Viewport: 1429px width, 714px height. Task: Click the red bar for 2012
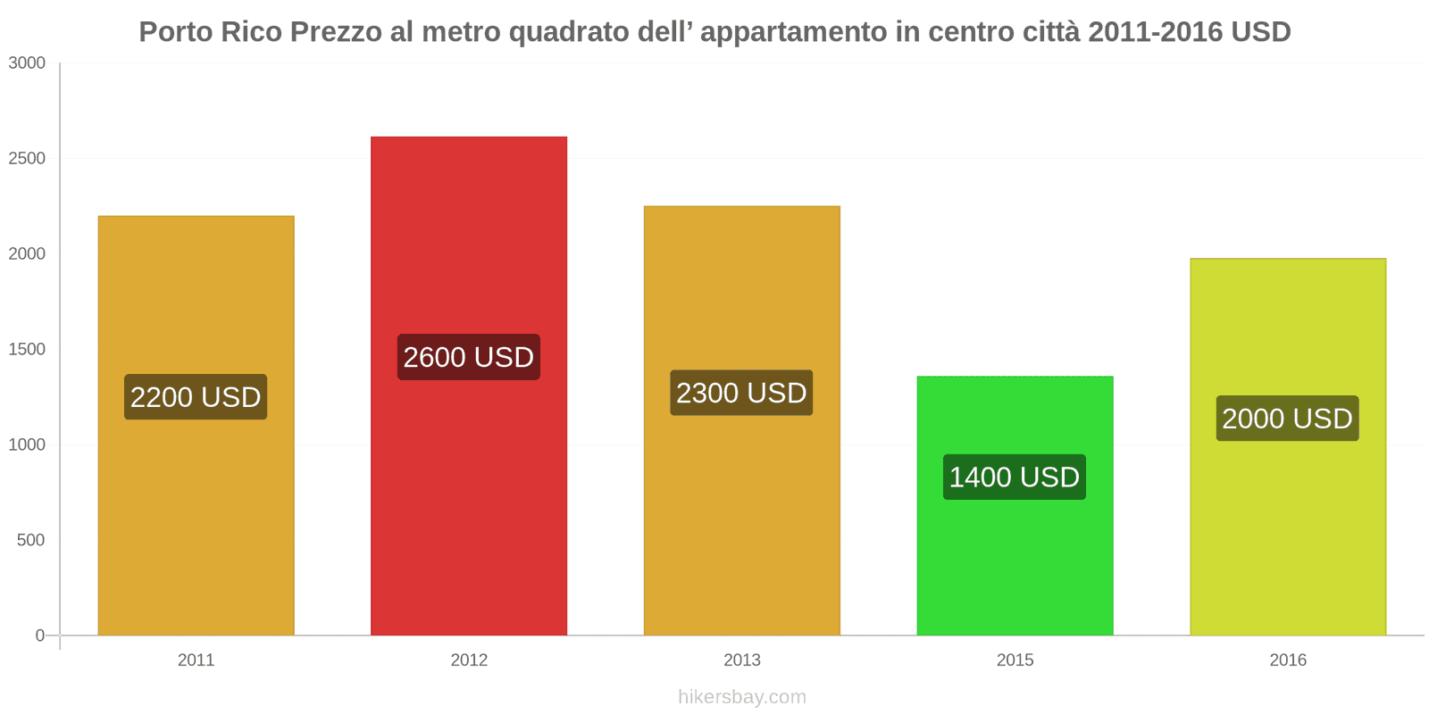[469, 500]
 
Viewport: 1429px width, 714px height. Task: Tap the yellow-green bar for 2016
[1287, 535]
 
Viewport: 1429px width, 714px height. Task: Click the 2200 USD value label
[196, 397]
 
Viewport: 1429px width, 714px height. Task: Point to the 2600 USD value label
[469, 357]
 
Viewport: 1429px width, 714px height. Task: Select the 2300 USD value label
[741, 393]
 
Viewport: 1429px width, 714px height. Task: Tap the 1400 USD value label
[1015, 477]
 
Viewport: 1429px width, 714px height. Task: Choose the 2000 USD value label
[1287, 419]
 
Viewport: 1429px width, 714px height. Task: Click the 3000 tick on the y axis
[27, 63]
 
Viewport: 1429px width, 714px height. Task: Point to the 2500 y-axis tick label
[27, 159]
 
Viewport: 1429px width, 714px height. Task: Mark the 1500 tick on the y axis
[27, 350]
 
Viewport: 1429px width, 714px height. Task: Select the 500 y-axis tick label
[30, 541]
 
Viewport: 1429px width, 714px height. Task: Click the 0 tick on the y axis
[39, 635]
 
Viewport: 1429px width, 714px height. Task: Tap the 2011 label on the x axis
[196, 660]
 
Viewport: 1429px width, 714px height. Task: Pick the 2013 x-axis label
[741, 660]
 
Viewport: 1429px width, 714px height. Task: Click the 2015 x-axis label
[1015, 660]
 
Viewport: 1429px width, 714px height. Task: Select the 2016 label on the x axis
[1287, 660]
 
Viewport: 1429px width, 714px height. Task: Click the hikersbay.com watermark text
[741, 697]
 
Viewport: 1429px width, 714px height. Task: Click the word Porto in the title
[175, 32]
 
